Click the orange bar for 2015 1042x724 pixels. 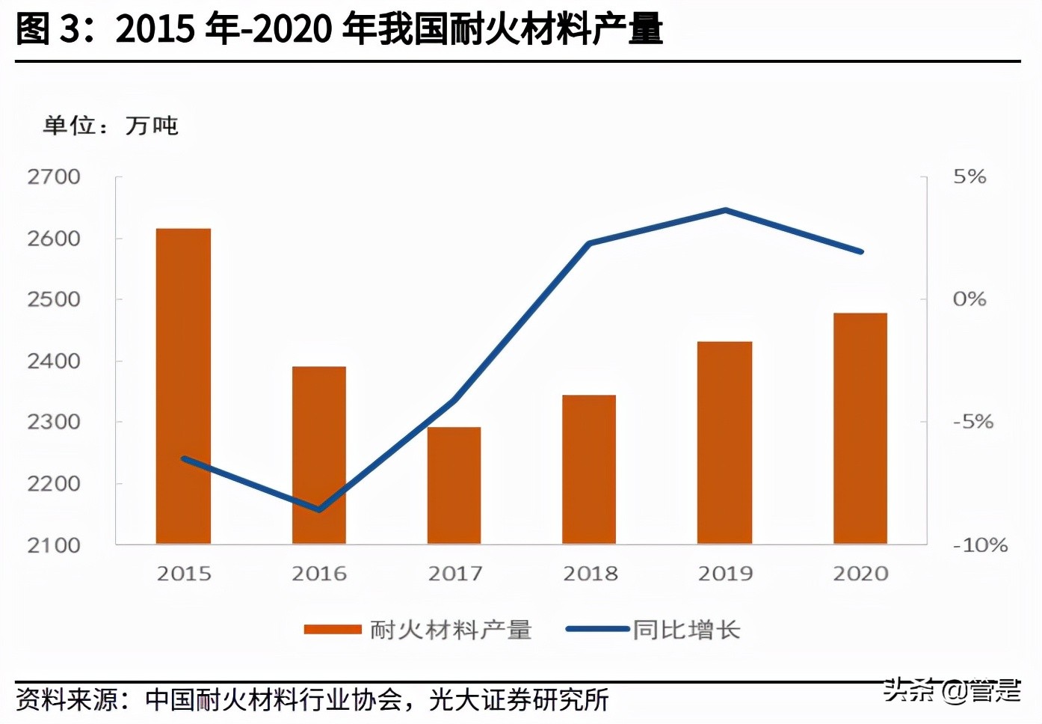click(x=183, y=386)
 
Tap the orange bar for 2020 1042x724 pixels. click(x=860, y=428)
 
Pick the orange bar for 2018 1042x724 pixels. click(x=589, y=469)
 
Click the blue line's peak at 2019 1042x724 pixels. click(x=725, y=210)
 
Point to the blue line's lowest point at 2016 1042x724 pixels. click(x=320, y=510)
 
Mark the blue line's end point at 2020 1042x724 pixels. click(x=860, y=251)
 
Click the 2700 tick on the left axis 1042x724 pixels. click(x=54, y=177)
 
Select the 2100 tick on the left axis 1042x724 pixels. click(x=54, y=545)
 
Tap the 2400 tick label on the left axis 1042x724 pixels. click(x=54, y=361)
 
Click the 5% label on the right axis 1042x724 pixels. click(x=969, y=177)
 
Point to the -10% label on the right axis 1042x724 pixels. click(x=980, y=545)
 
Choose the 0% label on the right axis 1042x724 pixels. click(x=969, y=299)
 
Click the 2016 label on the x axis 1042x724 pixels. click(x=319, y=574)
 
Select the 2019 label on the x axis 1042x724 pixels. click(x=725, y=574)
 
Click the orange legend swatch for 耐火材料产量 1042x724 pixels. click(x=333, y=630)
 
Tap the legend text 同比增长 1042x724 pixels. click(x=686, y=630)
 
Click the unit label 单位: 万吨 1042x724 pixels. click(x=111, y=125)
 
